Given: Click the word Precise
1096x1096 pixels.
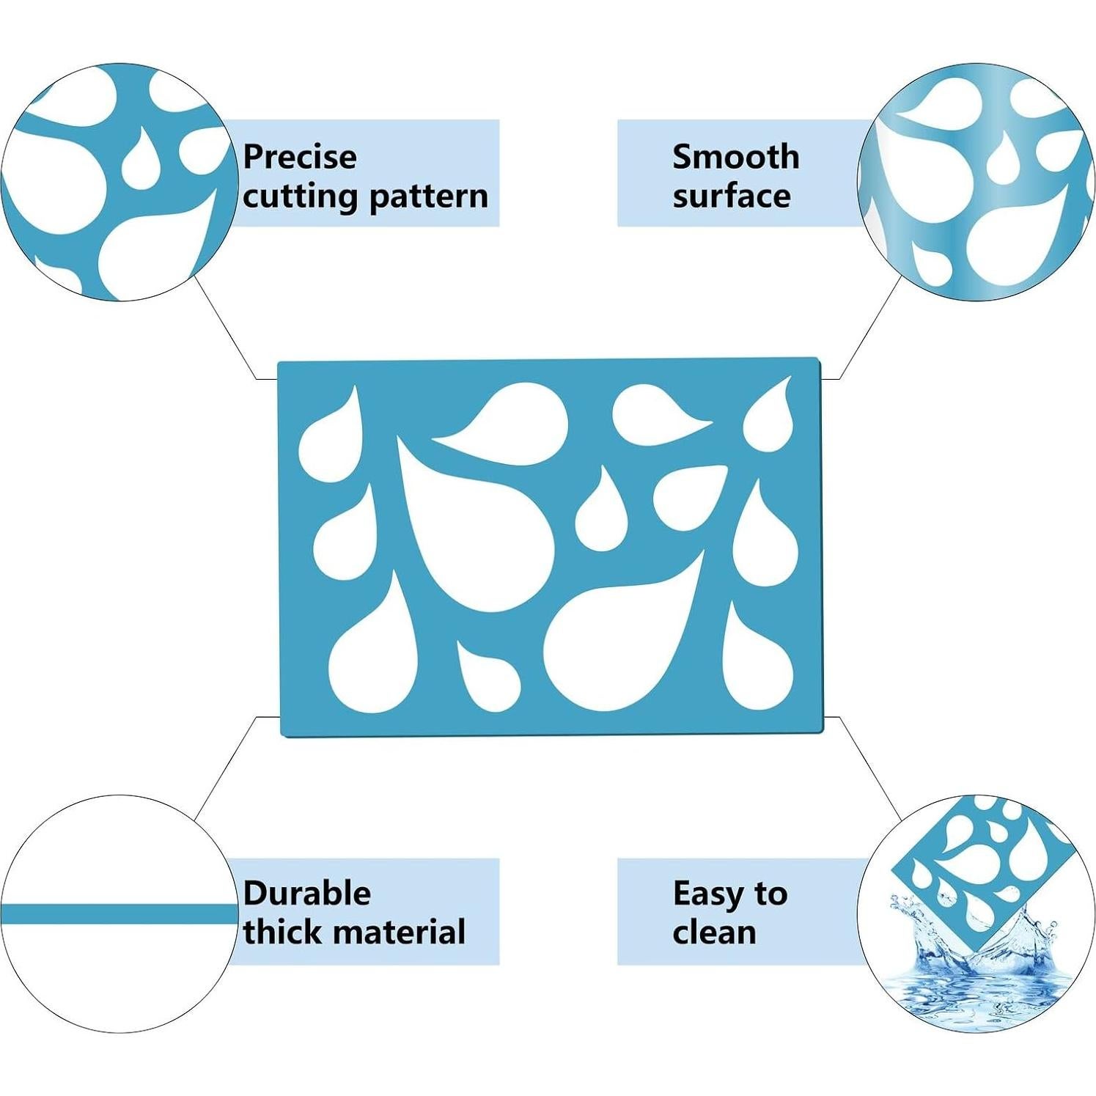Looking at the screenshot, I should coord(300,157).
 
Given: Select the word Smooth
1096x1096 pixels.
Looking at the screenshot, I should coord(735,157).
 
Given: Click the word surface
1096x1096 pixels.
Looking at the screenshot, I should coord(732,196).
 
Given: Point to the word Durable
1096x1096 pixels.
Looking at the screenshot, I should coord(307,893).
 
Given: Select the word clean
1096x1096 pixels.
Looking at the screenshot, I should coord(714,933).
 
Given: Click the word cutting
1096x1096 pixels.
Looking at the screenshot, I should coord(301,196).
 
